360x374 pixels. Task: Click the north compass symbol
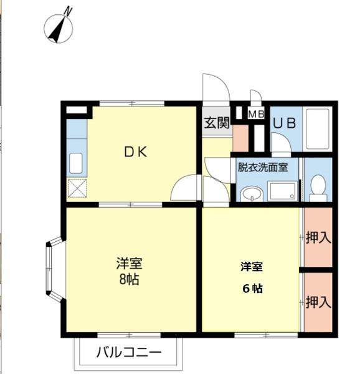(59, 27)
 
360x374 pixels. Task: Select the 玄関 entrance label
(216, 122)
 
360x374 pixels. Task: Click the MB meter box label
(256, 114)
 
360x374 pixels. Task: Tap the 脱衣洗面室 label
(262, 167)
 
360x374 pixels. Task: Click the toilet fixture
(318, 187)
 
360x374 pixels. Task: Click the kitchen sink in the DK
(75, 163)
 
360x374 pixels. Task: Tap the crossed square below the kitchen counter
(77, 188)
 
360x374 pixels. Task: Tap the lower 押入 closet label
(318, 302)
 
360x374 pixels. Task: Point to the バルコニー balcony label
(128, 353)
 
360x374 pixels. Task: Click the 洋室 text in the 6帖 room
(252, 267)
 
